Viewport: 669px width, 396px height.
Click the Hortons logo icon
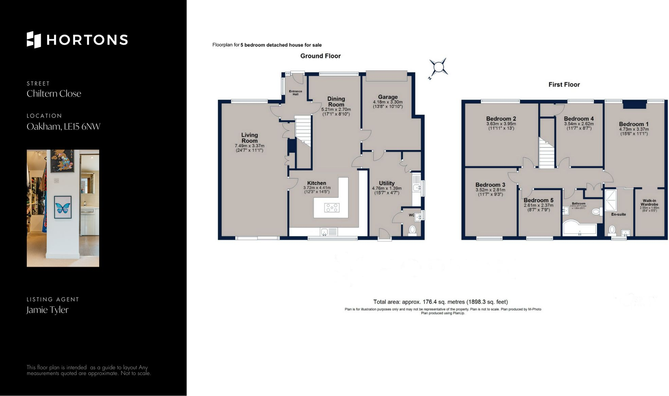pos(34,40)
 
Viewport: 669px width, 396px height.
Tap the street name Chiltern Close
pos(54,94)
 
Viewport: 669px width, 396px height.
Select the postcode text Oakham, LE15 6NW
pos(64,127)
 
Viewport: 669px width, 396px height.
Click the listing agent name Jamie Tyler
pos(48,310)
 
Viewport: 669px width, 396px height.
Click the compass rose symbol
pos(438,67)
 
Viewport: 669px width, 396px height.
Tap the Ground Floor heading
pos(320,56)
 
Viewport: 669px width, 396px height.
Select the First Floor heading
pos(564,85)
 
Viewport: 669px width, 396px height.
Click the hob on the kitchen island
pos(332,208)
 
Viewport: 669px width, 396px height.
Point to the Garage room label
pos(388,97)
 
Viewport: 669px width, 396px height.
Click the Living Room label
pos(249,138)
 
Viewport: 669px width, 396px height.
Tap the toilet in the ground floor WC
pos(412,230)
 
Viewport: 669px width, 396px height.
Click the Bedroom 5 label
pos(538,200)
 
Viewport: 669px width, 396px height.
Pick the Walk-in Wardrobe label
pos(649,202)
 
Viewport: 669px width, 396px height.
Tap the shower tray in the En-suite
pos(611,200)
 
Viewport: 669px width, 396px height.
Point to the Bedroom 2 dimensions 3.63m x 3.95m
pos(501,124)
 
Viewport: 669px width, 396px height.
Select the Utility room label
pos(387,183)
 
